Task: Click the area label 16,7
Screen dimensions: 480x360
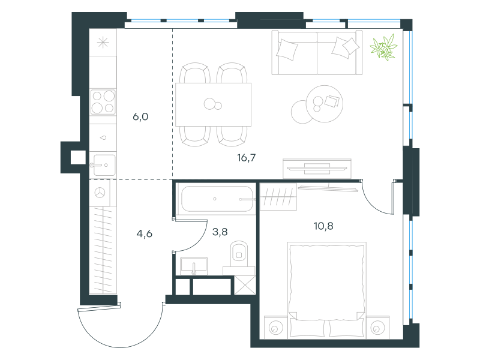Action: tap(246, 158)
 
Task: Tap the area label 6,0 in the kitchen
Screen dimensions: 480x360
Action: tap(140, 116)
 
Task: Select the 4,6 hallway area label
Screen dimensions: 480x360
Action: tap(144, 233)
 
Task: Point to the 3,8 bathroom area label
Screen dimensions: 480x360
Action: tap(220, 232)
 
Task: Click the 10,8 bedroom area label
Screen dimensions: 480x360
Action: tap(323, 226)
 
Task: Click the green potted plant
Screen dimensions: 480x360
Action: tap(383, 47)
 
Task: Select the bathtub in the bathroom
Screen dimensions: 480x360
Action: tap(216, 199)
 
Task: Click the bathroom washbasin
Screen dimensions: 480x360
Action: tap(194, 266)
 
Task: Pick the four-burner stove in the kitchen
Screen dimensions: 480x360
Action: tap(103, 102)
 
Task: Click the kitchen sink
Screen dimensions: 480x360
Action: tap(104, 166)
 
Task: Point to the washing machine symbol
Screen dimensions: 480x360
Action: tap(100, 193)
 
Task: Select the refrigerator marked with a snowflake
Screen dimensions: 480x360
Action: tap(103, 42)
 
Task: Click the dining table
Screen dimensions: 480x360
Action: tap(213, 104)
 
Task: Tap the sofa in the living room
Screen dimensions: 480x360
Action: tap(317, 52)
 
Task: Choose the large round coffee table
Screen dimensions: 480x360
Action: tap(325, 104)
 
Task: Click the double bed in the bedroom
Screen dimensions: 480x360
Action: tap(326, 290)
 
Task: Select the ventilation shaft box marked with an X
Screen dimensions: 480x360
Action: tap(245, 285)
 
